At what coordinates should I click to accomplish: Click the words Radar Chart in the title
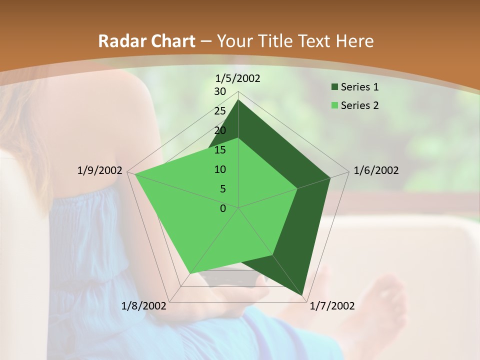[x=146, y=41]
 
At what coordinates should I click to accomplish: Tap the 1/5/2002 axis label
[x=237, y=78]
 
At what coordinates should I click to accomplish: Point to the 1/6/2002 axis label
[x=376, y=170]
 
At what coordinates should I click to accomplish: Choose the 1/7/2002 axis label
[x=332, y=306]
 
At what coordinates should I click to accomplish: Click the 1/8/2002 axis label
[x=144, y=306]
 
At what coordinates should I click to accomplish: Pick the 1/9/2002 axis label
[x=100, y=170]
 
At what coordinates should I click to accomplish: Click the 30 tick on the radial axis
[x=220, y=91]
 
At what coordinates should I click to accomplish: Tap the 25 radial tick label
[x=220, y=111]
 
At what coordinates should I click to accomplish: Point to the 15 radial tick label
[x=220, y=150]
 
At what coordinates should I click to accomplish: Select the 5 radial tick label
[x=222, y=189]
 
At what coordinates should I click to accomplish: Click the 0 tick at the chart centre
[x=223, y=208]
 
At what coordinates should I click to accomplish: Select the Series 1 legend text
[x=359, y=87]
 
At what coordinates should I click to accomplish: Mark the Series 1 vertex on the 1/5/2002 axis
[x=238, y=100]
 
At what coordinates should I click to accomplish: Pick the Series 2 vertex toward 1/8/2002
[x=189, y=274]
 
